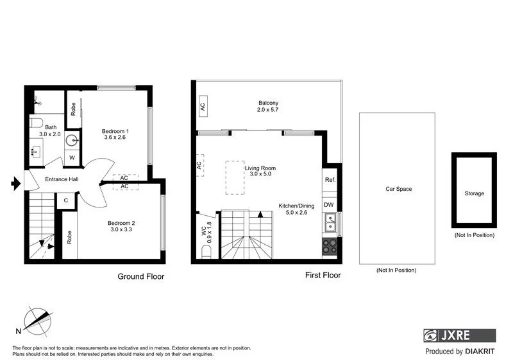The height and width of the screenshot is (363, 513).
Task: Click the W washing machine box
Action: [x=72, y=157]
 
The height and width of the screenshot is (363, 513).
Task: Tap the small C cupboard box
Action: [x=65, y=200]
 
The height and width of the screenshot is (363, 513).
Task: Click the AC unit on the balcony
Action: [x=202, y=106]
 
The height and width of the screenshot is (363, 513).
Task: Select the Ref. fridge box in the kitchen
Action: [x=330, y=181]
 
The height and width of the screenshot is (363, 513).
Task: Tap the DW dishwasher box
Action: [x=329, y=205]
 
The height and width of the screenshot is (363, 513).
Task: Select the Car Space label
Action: [x=398, y=189]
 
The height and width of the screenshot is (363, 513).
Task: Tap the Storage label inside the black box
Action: [x=475, y=193]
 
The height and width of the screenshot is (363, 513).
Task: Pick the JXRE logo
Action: [x=459, y=335]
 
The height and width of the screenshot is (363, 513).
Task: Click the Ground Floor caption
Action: [x=140, y=277]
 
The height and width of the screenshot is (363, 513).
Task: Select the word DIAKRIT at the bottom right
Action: [x=480, y=351]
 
